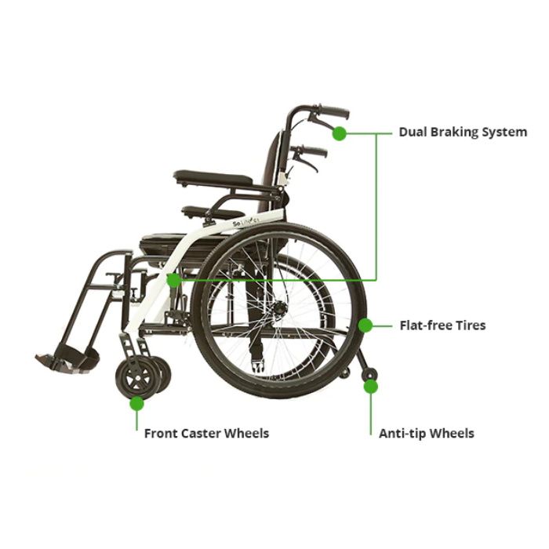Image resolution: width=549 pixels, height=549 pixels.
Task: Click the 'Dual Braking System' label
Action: pos(463,133)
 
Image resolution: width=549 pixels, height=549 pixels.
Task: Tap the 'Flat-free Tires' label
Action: pos(442,325)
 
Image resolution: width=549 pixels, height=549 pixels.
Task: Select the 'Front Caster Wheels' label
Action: pos(206,434)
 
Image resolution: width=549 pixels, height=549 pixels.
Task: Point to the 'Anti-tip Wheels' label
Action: pos(427,434)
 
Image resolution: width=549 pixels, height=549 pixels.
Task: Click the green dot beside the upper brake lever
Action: pos(339,133)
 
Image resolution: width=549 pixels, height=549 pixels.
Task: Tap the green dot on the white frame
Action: pos(173,280)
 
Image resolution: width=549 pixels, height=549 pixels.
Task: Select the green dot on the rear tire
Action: pos(365,325)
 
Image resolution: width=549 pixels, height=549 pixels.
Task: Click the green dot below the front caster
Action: pos(137,404)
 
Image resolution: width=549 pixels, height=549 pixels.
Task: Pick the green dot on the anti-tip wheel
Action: pos(371,387)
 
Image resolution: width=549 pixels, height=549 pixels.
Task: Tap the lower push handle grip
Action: pos(314,151)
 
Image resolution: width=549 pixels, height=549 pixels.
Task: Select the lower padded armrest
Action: pos(213,213)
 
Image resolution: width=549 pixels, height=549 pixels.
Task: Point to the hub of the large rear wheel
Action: pos(280,308)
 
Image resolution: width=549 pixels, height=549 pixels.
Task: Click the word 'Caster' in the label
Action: pos(202,434)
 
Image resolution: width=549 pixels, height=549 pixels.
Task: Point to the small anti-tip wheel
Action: pos(370,375)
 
